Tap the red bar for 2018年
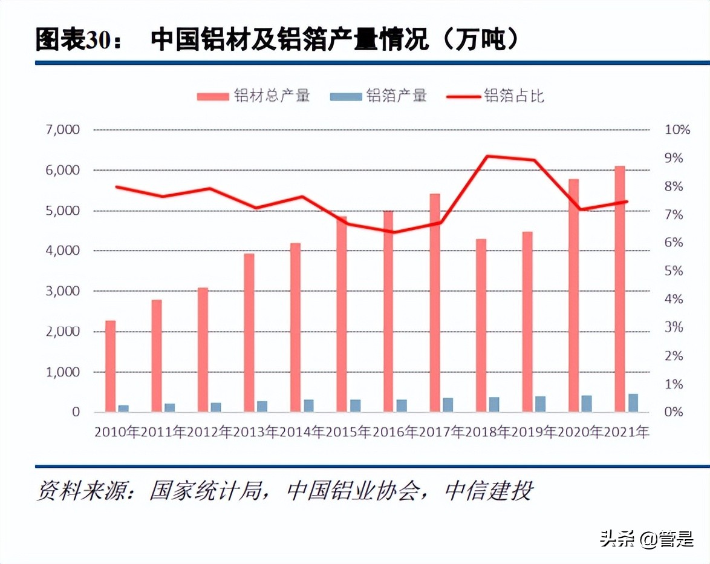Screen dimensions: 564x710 (x=481, y=326)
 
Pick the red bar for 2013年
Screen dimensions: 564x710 (x=249, y=333)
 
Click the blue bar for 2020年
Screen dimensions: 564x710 (x=587, y=404)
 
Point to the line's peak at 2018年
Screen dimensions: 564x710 (x=487, y=156)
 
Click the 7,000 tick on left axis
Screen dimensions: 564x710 (x=63, y=130)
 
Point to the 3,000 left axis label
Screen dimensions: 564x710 (x=63, y=291)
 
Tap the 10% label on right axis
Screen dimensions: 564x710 (x=677, y=130)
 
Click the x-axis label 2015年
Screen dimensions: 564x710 (x=348, y=432)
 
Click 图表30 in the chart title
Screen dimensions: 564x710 (x=72, y=41)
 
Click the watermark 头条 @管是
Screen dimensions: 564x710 (x=646, y=538)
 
